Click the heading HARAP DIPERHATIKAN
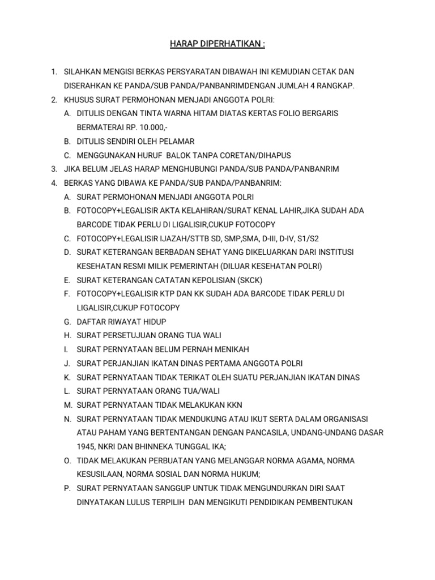click(x=217, y=44)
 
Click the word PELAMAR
click(x=179, y=141)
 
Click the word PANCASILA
click(x=257, y=433)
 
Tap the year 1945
click(x=86, y=446)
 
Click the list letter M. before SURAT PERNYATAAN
click(x=67, y=405)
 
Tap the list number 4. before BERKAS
click(x=53, y=183)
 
